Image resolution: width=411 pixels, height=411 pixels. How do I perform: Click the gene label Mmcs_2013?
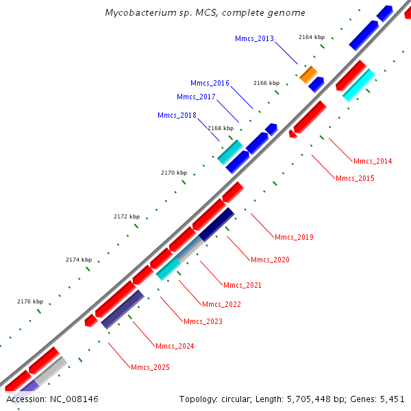click(254, 38)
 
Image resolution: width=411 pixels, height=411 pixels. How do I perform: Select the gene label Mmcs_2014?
click(373, 162)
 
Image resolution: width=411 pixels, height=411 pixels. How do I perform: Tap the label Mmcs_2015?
click(355, 178)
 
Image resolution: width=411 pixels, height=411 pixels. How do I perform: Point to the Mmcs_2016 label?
click(210, 83)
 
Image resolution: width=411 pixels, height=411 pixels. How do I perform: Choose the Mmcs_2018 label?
click(177, 115)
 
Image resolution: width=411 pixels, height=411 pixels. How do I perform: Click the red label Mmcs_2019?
click(294, 238)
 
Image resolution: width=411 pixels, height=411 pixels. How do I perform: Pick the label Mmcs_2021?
click(242, 285)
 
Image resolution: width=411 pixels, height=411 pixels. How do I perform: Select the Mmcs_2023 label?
click(203, 321)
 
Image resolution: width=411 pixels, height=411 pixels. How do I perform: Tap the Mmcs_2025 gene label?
click(150, 368)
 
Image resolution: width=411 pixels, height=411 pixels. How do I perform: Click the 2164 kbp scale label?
click(312, 37)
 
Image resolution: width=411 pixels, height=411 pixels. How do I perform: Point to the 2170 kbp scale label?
click(174, 173)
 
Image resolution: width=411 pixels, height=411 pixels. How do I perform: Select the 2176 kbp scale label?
click(30, 301)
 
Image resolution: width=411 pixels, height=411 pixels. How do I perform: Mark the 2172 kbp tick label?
click(126, 216)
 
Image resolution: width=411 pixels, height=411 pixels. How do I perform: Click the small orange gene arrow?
click(308, 74)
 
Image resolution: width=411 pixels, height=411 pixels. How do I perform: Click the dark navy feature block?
click(217, 224)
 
